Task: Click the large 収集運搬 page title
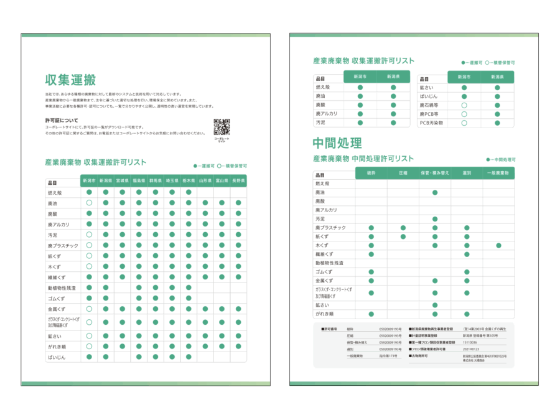coord(70,80)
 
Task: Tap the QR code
coord(222,126)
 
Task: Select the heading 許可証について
coord(62,119)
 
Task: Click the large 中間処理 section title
coord(337,143)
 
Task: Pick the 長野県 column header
coord(238,181)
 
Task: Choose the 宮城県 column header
coord(123,181)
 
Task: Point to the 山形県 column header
coord(205,181)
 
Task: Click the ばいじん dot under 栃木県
coord(189,357)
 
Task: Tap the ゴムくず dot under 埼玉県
coord(172,299)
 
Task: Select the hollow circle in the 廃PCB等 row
coord(464,114)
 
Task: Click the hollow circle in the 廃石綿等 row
coord(464,106)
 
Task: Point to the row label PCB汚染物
coord(431,123)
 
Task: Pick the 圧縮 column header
coord(403,172)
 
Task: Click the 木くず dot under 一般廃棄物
coord(498,245)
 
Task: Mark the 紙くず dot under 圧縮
coord(403,236)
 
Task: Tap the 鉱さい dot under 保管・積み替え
coord(435,305)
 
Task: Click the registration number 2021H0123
coord(472,349)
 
